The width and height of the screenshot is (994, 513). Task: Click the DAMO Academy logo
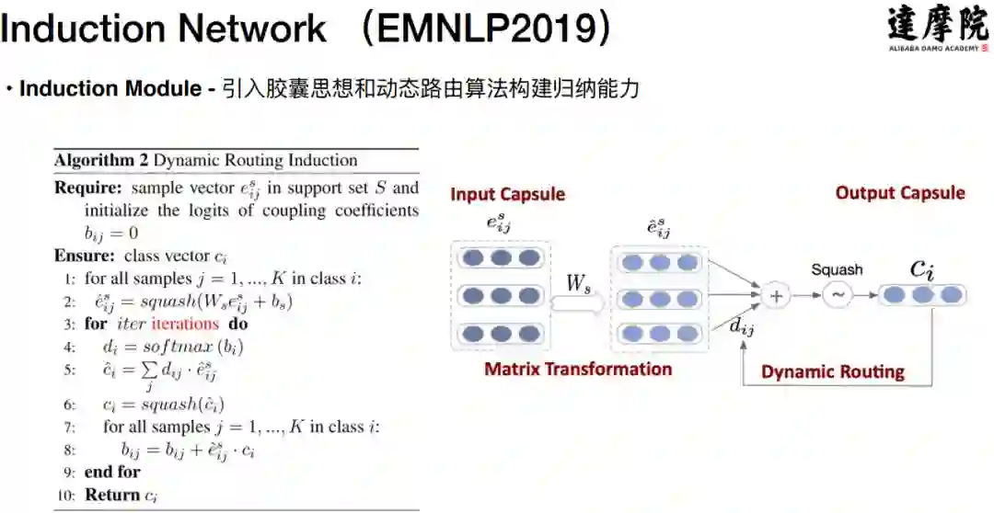click(938, 29)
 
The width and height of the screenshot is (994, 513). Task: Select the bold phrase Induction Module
click(110, 89)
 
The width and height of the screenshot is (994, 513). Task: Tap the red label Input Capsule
click(507, 194)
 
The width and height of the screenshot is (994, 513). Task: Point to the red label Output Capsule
click(899, 193)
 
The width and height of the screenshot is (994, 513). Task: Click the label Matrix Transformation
click(578, 370)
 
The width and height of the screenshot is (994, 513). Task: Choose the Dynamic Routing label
click(832, 372)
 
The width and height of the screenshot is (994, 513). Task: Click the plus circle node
click(776, 296)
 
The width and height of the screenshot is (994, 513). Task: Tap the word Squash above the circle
click(837, 269)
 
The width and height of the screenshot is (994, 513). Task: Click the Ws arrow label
click(578, 285)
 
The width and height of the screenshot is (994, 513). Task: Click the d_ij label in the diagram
click(741, 325)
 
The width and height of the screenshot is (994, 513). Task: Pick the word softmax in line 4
click(184, 347)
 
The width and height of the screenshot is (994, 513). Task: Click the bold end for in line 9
click(112, 472)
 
